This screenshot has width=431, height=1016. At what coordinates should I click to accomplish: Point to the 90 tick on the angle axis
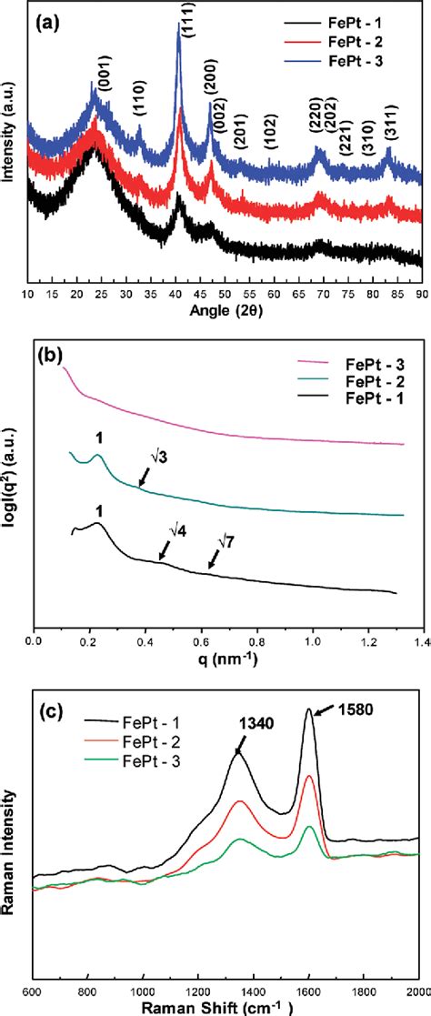point(421,295)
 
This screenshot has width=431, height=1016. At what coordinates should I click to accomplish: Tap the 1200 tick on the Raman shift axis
point(198,988)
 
